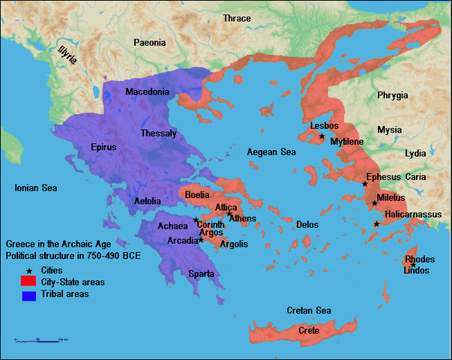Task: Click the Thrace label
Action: [x=237, y=18]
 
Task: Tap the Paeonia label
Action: [x=150, y=43]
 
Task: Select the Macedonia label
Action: [x=147, y=92]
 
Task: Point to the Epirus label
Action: [x=103, y=147]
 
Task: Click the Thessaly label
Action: [x=158, y=133]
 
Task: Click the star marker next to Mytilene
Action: [x=322, y=136]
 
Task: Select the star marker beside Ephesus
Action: [x=365, y=184]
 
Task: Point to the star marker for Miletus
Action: [x=374, y=203]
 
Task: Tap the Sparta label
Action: [x=200, y=274]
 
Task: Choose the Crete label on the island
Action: [x=309, y=331]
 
